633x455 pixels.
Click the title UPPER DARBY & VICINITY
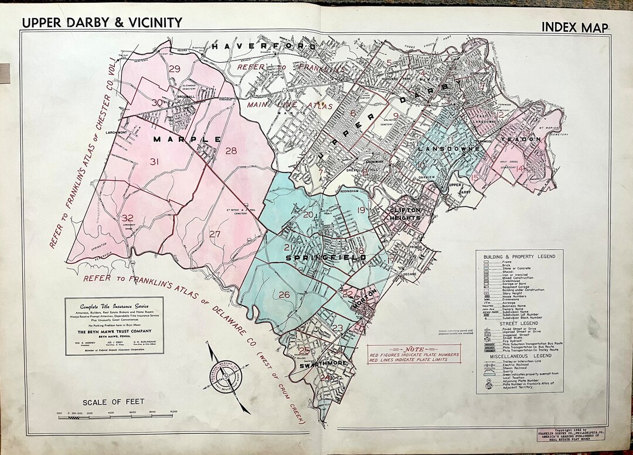(102, 22)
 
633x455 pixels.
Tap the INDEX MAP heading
(574, 26)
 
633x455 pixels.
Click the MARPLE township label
(187, 140)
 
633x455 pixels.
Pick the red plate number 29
(174, 69)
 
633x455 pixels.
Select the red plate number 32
(128, 218)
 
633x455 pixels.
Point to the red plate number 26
(284, 294)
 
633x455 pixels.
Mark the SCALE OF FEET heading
(113, 402)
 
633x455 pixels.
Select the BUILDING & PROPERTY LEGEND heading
(519, 257)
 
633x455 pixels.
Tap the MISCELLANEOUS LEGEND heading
(519, 356)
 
